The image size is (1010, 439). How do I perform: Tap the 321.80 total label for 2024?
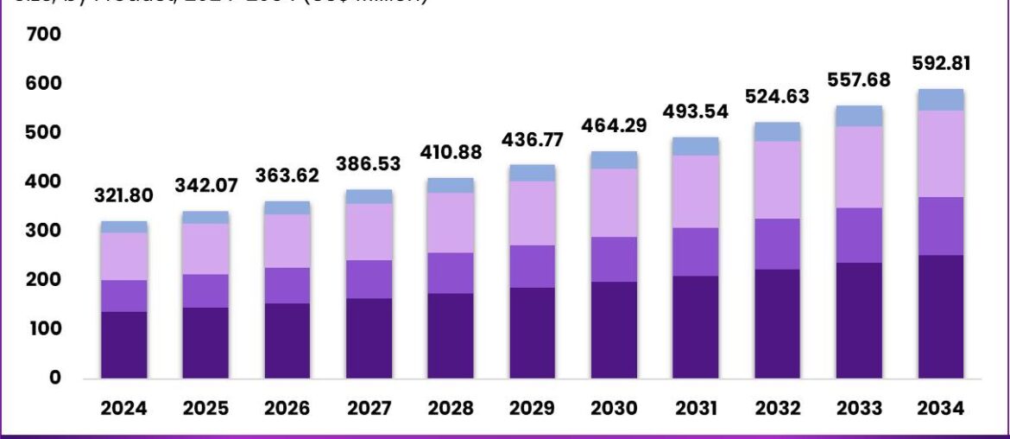coord(123,195)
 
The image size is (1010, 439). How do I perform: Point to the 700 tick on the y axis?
coord(44,35)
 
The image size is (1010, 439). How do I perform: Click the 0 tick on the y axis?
coord(55,379)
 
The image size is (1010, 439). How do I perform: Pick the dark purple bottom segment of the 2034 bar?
coord(940,316)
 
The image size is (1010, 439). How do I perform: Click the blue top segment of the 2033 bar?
coord(859,116)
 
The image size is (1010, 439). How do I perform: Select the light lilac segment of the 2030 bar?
coord(614,202)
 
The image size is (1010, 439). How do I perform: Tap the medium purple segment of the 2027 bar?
coord(369,278)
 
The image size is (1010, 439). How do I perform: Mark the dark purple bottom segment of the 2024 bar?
coord(123,345)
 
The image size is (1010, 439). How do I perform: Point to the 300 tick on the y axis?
coord(44,232)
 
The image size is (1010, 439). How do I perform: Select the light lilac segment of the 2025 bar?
coord(205,249)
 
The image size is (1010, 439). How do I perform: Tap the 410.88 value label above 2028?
coord(451,153)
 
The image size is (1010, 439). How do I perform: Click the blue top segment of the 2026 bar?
coord(287,207)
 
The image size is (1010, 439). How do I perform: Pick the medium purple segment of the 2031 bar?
coord(696,251)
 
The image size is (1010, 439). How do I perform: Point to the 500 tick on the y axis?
coord(44,133)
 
